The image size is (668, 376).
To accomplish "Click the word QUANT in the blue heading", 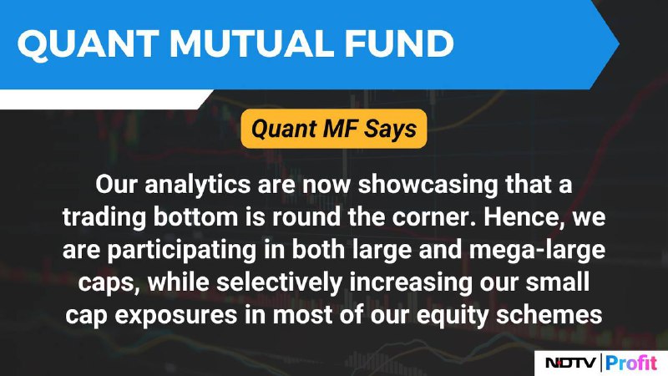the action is click(89, 43).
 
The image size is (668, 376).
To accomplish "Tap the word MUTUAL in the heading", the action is click(252, 43).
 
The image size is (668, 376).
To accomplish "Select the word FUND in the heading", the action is click(399, 43).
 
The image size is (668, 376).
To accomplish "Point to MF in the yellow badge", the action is click(340, 129).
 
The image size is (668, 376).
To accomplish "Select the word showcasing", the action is click(428, 185).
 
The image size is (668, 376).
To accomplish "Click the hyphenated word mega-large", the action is click(537, 251).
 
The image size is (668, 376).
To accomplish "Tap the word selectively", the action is click(279, 282).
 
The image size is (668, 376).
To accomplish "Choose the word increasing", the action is click(411, 282).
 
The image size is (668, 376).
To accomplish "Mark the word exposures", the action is click(176, 316).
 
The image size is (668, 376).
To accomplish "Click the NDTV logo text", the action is click(571, 363).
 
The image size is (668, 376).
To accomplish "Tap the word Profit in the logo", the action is click(631, 363).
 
